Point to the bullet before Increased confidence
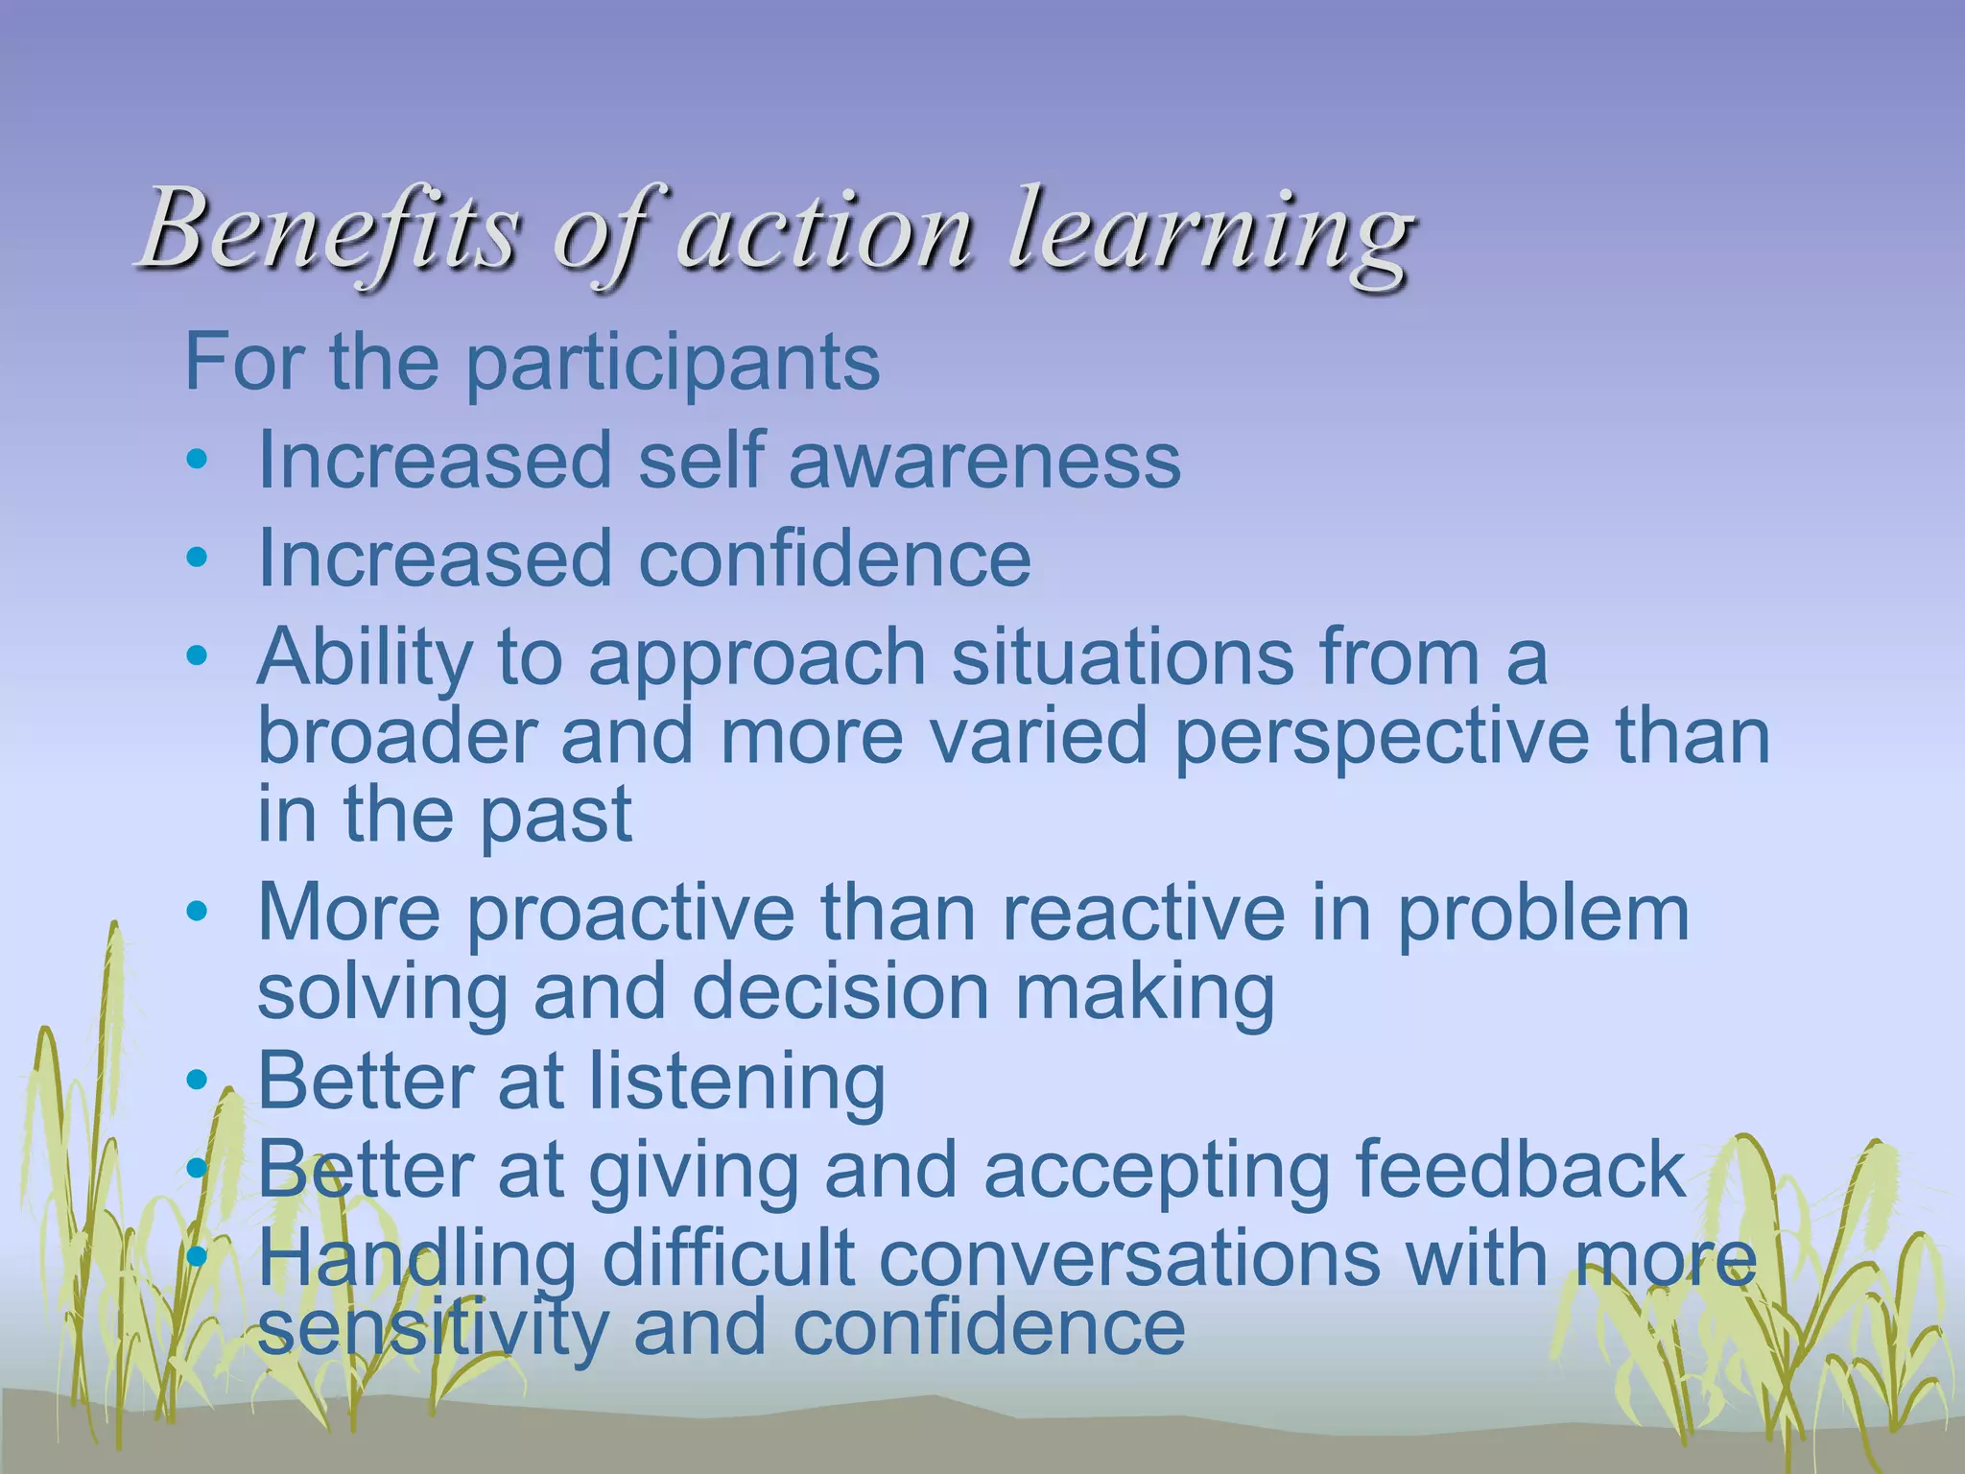pos(197,558)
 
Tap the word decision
pos(840,992)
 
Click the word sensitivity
pos(433,1328)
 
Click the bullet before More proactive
pos(197,911)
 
